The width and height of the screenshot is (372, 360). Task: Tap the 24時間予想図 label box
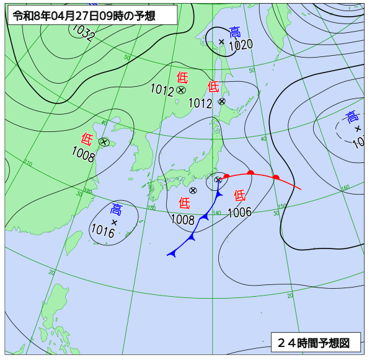click(315, 342)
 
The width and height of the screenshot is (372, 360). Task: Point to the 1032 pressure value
click(83, 33)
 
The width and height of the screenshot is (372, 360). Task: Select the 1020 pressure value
click(241, 45)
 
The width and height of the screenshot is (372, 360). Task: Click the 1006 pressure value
click(239, 213)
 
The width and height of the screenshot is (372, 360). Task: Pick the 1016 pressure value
click(102, 232)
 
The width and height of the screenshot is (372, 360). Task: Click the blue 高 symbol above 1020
click(235, 32)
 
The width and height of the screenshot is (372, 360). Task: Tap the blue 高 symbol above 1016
click(116, 209)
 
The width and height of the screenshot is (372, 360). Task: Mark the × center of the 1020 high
click(221, 42)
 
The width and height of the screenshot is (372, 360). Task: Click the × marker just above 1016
click(114, 221)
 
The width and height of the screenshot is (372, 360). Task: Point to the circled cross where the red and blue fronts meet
click(218, 180)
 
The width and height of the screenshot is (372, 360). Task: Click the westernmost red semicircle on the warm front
click(226, 176)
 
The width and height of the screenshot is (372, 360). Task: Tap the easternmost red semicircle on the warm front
click(276, 177)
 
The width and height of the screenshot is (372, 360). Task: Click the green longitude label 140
click(216, 213)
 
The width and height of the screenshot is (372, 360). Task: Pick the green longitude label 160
click(345, 187)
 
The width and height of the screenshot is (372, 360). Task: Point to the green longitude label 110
click(29, 164)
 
